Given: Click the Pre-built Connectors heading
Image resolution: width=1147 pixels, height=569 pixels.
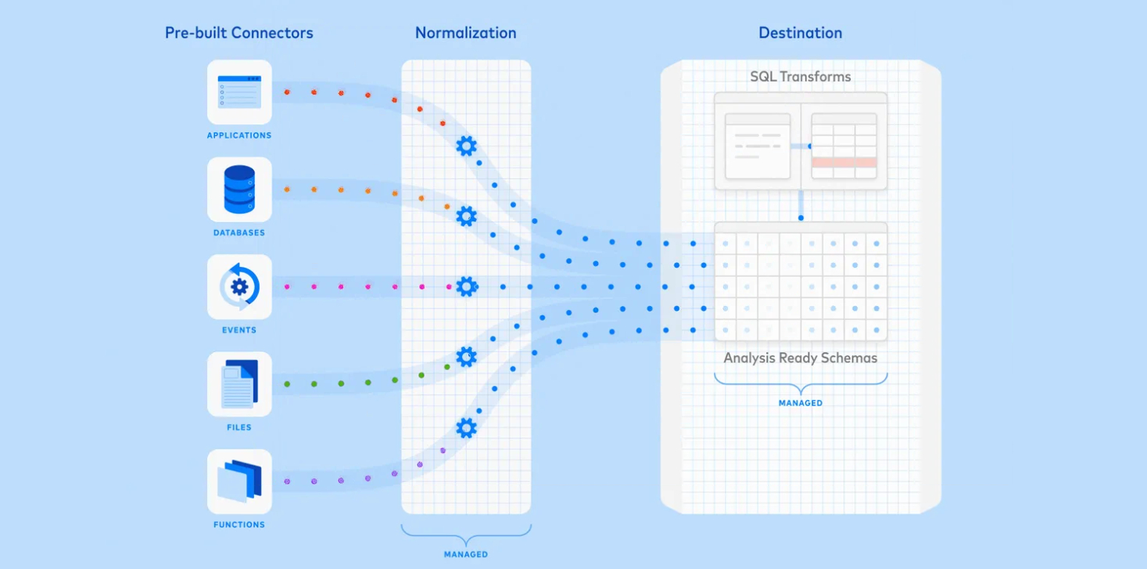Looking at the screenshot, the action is tap(238, 33).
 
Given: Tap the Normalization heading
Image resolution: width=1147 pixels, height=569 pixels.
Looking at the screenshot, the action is tap(465, 33).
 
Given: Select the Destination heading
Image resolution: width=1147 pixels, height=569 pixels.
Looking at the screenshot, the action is tap(800, 33).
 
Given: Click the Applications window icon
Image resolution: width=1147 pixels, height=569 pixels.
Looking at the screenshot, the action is tap(239, 92).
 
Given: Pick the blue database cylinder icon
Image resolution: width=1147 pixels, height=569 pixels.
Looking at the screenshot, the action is tap(239, 189).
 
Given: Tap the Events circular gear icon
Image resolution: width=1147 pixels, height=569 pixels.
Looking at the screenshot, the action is tap(239, 286).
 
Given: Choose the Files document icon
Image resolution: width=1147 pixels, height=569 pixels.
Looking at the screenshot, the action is tap(239, 384).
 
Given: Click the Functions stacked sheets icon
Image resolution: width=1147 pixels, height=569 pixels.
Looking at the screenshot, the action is tap(239, 481).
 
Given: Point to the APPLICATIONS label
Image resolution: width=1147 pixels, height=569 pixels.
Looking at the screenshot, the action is tap(239, 135).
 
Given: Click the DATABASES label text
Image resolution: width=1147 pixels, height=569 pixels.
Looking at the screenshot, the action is tap(239, 232).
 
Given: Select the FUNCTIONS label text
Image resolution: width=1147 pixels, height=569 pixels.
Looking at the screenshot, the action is tap(239, 525).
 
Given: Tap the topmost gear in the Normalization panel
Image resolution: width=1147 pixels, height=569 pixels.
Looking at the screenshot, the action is tap(466, 146).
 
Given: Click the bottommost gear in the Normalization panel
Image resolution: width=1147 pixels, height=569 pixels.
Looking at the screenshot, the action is tap(466, 428).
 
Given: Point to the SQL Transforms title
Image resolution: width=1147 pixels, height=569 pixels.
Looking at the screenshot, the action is tap(801, 77).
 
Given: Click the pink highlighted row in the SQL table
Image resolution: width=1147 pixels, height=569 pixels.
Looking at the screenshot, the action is tap(844, 163).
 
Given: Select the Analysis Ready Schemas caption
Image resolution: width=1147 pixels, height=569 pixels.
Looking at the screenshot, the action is tap(801, 358).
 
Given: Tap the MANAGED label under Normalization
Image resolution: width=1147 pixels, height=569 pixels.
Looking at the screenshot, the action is tap(466, 554).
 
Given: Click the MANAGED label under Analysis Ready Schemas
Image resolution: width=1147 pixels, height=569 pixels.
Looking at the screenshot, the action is tap(801, 403).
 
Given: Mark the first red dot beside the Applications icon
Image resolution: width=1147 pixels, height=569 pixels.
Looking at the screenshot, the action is tap(287, 92).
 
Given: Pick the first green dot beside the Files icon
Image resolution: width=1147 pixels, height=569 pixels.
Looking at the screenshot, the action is tap(287, 384).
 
